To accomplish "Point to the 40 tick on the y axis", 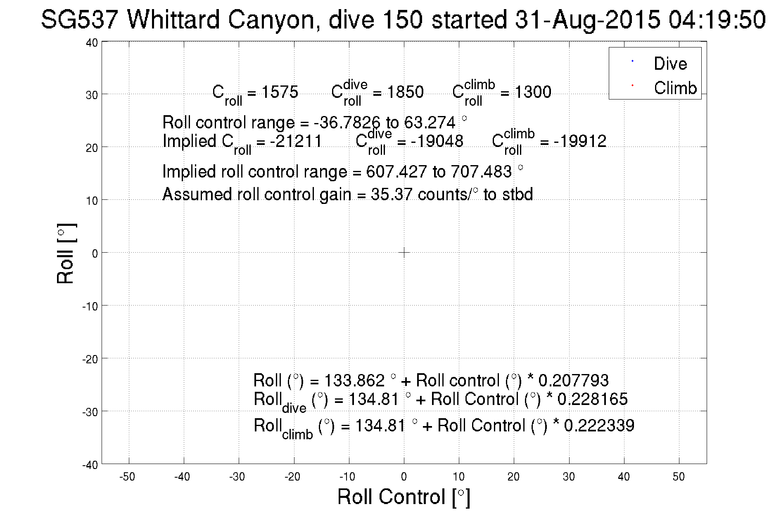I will point(92,43).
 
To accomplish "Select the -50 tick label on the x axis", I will point(127,477).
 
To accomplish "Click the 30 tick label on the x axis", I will point(569,477).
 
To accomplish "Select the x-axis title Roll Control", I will point(404,497).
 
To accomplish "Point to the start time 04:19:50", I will point(717,20).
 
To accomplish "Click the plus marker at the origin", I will point(404,252).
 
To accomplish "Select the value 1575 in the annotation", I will point(280,92).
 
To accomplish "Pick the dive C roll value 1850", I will point(405,92).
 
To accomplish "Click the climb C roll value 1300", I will point(533,92).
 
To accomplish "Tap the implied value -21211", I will point(296,142).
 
